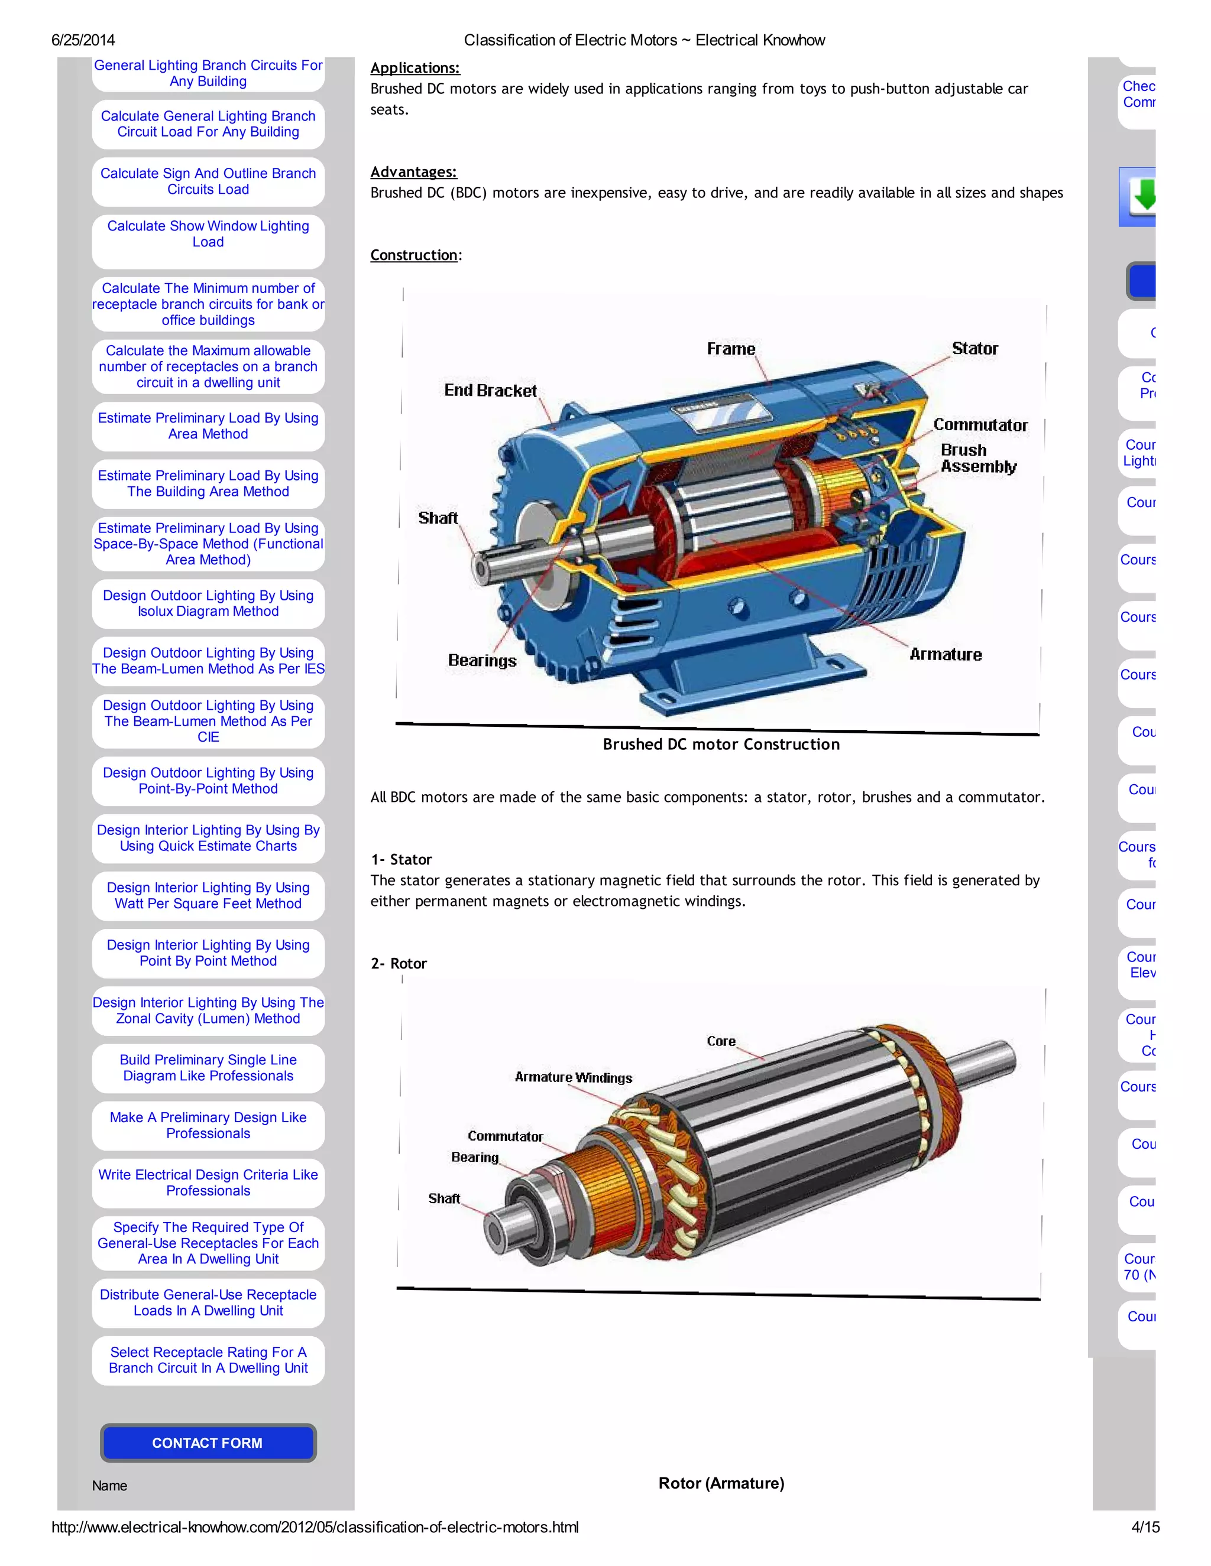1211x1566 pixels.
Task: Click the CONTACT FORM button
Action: tap(208, 1442)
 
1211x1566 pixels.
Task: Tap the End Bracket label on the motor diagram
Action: tap(490, 391)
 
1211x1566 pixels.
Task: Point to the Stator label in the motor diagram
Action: tap(974, 349)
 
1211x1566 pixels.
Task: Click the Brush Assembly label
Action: tap(978, 458)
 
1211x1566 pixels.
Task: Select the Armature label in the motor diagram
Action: tap(945, 655)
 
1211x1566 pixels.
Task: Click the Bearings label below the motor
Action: tap(482, 661)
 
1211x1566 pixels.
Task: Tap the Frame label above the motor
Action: tap(731, 349)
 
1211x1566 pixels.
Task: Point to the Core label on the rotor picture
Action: tap(721, 1041)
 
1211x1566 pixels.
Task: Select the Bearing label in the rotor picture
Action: tap(474, 1157)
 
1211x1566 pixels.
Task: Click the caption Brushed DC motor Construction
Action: tap(721, 744)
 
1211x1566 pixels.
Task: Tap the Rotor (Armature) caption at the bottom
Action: tap(721, 1483)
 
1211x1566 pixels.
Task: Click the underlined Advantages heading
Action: tap(413, 172)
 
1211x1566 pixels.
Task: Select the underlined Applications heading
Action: tap(415, 68)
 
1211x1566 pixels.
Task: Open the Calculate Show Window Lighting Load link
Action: tap(208, 234)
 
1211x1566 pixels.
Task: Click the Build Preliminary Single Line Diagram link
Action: tap(208, 1068)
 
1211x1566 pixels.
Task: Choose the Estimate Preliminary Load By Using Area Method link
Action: tap(208, 426)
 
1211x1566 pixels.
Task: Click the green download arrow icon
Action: tap(1141, 196)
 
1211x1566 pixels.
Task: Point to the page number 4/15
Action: tap(1145, 1527)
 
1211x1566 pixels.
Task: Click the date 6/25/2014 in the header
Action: tap(83, 40)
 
